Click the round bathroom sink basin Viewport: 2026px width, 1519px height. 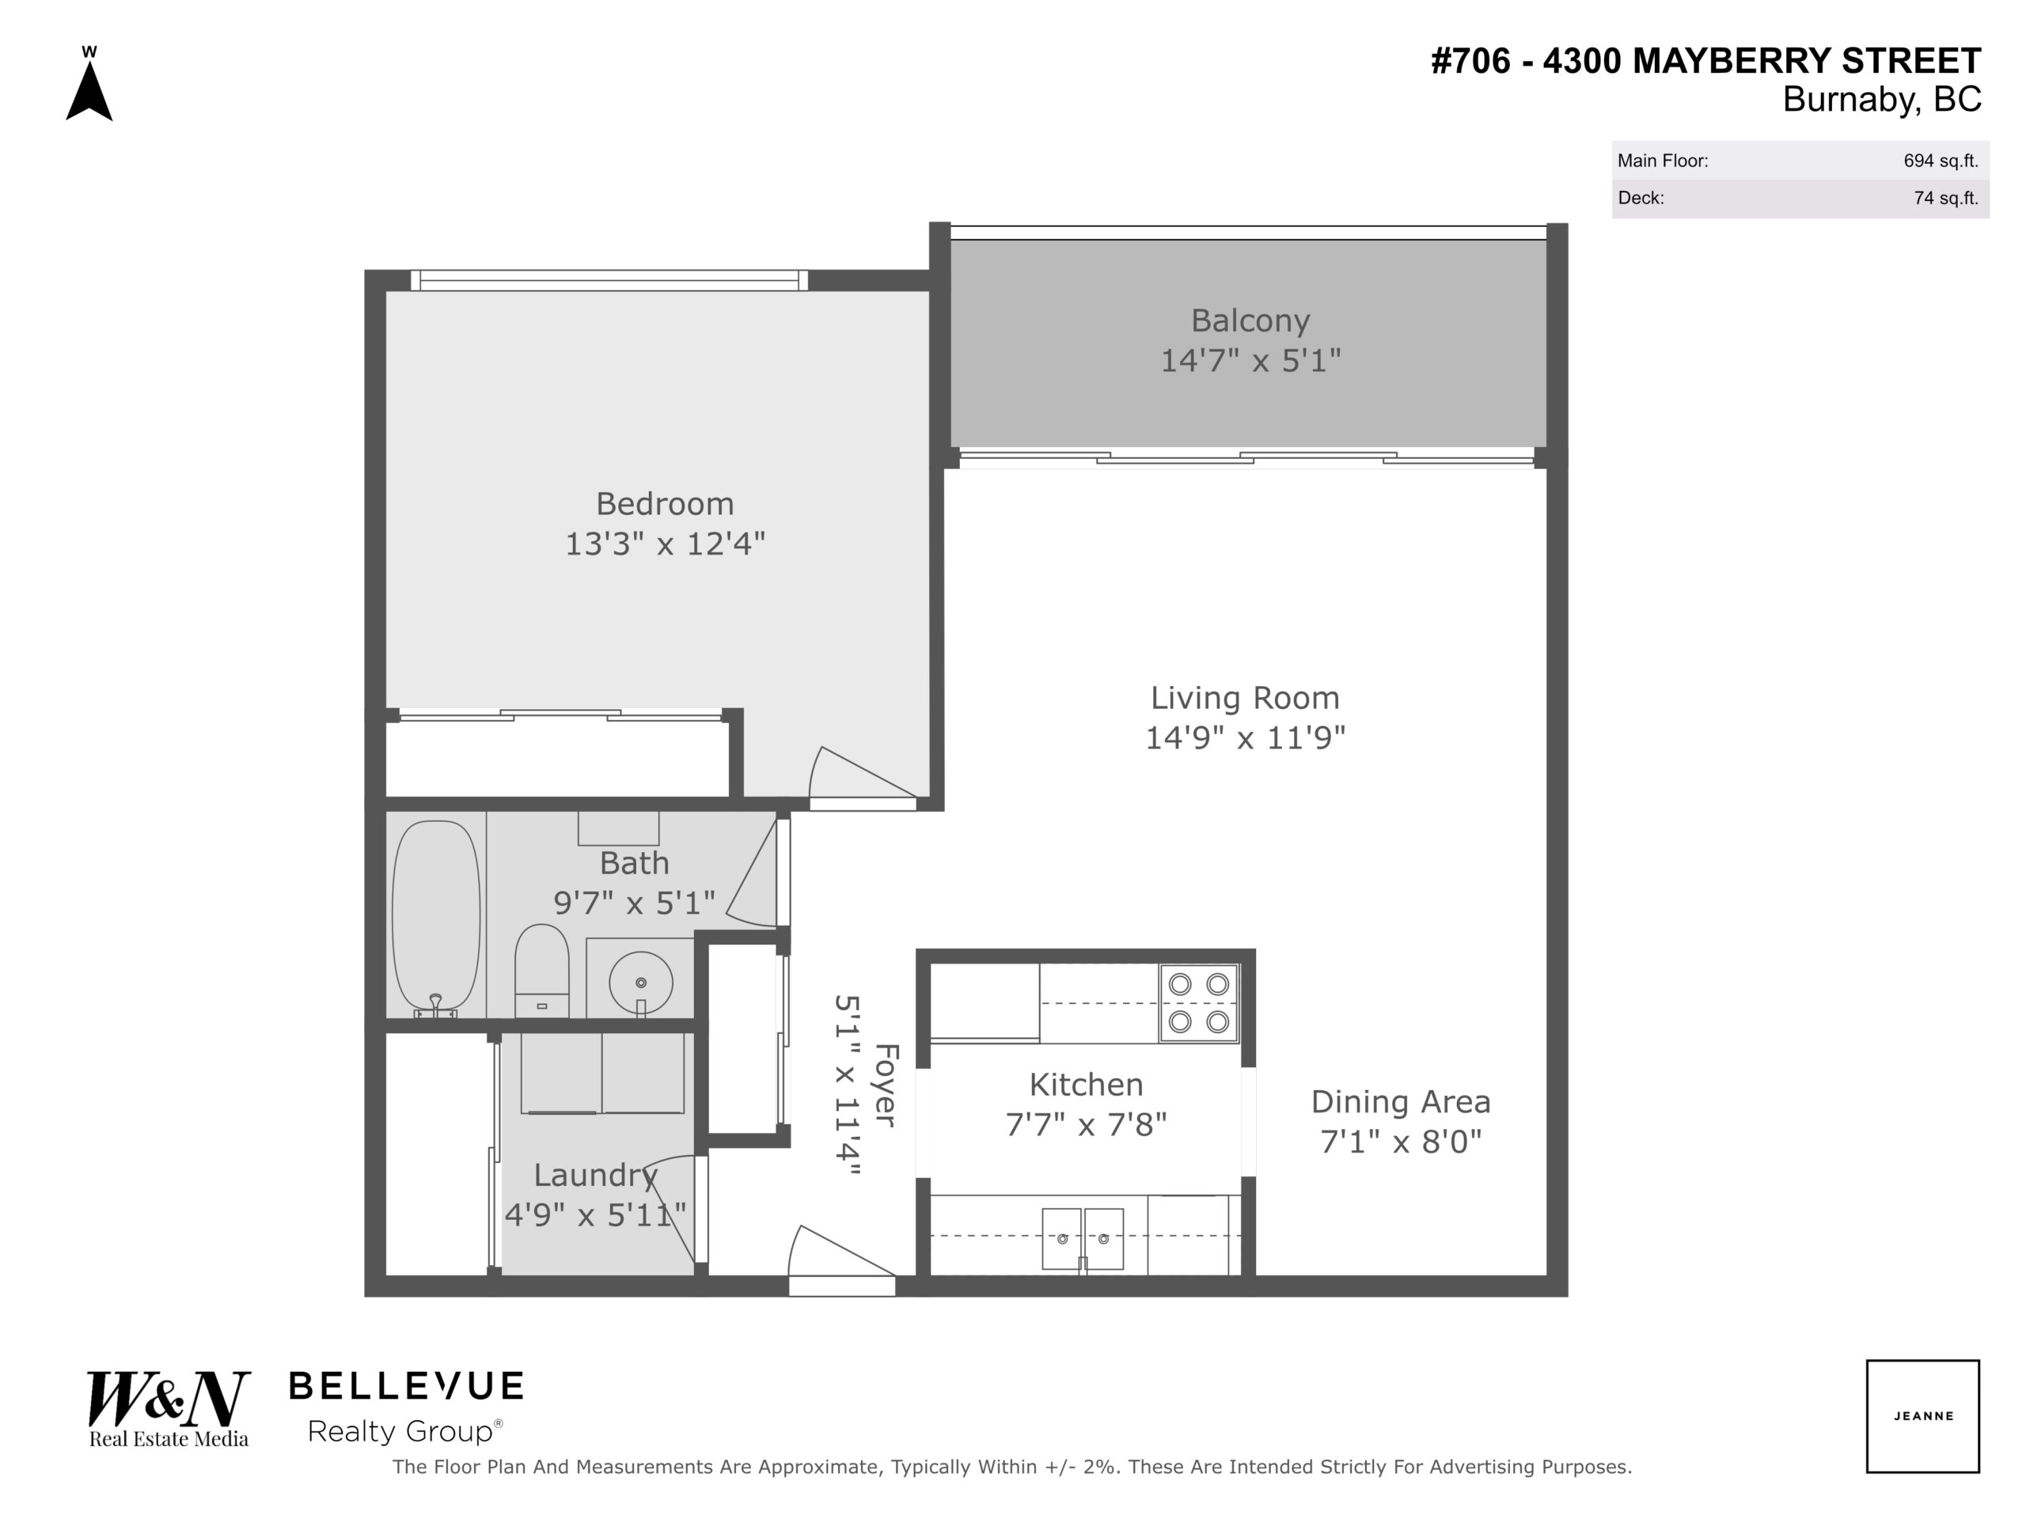640,983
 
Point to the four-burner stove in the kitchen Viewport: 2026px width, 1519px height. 1199,1002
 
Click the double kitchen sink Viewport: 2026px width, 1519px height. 1083,1238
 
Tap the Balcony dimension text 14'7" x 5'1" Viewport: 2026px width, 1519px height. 1250,361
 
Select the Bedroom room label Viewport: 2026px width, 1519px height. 665,504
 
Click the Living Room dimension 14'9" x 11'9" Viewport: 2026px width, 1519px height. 1246,737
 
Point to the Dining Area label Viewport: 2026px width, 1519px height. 1401,1101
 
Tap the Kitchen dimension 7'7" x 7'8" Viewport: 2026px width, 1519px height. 1087,1124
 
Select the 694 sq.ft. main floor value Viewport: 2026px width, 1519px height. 1941,161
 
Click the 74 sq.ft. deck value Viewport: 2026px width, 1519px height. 1946,198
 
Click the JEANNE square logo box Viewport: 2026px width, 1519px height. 1922,1415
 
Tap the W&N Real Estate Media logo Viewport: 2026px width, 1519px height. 169,1409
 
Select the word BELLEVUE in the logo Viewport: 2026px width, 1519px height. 407,1386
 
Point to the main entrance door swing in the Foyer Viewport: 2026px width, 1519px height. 840,1251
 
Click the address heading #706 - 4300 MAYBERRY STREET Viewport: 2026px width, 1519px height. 1706,62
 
